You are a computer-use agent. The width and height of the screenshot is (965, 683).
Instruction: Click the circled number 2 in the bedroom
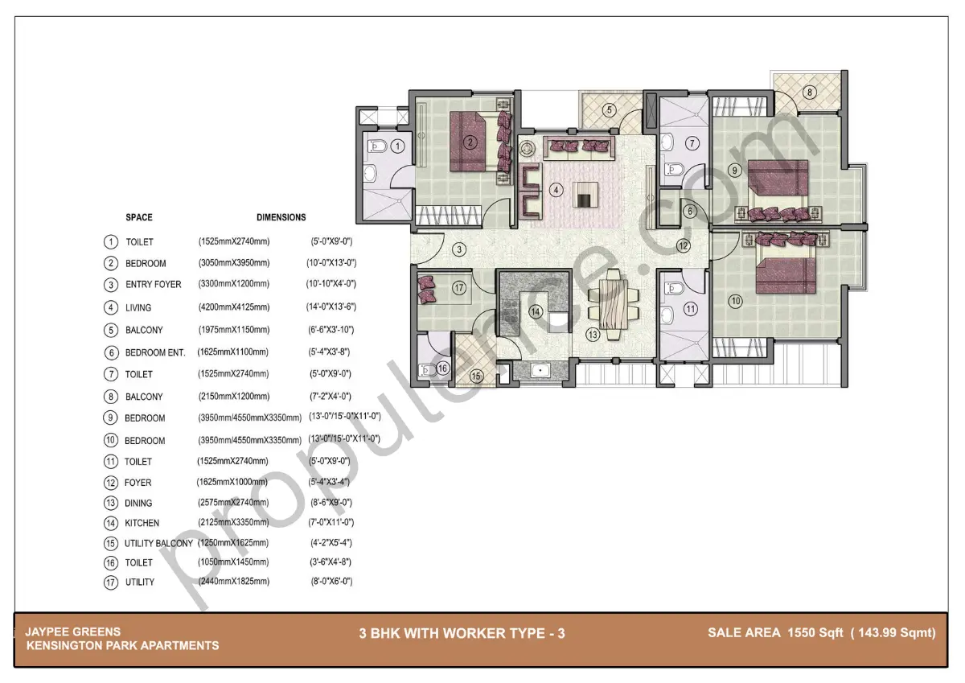click(470, 143)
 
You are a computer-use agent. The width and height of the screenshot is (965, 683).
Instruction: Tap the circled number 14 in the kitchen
click(535, 311)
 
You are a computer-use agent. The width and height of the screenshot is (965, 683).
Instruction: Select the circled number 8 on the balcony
click(810, 92)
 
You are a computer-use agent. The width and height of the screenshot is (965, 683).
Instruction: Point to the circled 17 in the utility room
click(459, 287)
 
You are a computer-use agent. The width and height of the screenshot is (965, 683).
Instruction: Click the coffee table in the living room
click(585, 195)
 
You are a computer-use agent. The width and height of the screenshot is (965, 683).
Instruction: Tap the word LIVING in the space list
click(138, 307)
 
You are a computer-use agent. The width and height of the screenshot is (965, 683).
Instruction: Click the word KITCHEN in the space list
click(142, 523)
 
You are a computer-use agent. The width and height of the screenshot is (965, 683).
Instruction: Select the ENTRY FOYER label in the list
click(153, 284)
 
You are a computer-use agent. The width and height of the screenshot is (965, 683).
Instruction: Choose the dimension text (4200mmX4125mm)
click(234, 307)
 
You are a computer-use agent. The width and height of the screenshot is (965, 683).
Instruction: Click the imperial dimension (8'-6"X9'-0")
click(331, 503)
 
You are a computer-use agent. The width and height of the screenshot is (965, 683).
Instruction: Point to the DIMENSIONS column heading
click(281, 217)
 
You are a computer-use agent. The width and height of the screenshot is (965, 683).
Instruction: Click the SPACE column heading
click(138, 217)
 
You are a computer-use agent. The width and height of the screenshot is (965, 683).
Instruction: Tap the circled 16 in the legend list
click(111, 563)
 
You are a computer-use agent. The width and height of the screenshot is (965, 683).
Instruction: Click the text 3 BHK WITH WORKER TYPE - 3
click(462, 633)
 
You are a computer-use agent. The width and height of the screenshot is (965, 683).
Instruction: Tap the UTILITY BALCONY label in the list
click(158, 543)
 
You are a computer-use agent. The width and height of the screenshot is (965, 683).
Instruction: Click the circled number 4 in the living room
click(555, 191)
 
